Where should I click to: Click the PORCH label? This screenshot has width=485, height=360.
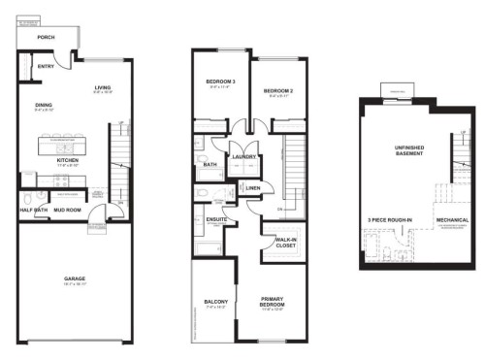(x=45, y=38)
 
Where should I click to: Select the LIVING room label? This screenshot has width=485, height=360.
(x=103, y=88)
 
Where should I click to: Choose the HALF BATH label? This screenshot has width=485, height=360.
(x=35, y=209)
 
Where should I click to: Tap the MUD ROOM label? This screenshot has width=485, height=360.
(x=67, y=209)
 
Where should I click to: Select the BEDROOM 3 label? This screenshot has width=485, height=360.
(x=220, y=82)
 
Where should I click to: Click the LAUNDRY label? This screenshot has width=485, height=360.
(x=242, y=156)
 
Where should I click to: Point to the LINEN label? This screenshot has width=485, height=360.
(x=252, y=187)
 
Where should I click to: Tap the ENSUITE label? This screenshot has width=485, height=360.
(x=216, y=220)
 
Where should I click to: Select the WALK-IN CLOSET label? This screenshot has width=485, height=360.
(x=285, y=242)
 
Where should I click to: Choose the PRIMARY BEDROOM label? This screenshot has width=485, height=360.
(x=278, y=304)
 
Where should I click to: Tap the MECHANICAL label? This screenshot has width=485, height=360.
(x=452, y=220)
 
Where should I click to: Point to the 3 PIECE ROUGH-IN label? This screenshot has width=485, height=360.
(x=389, y=220)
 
